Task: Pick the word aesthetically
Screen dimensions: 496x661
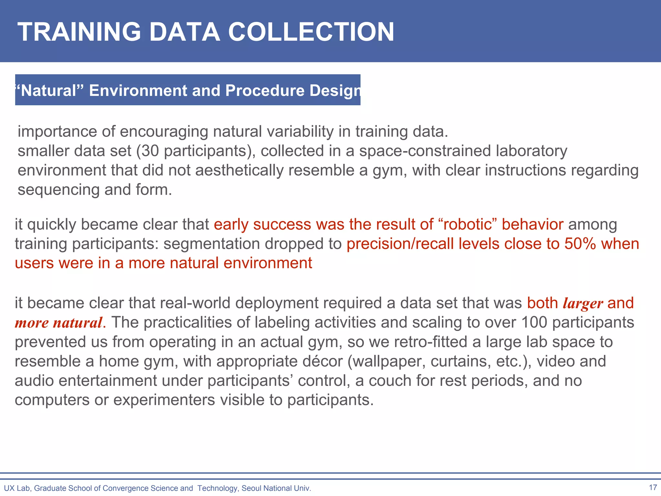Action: coord(239,170)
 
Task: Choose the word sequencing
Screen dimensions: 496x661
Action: coord(58,190)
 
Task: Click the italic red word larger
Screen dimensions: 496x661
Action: coord(583,303)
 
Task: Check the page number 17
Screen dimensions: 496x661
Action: coord(653,487)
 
